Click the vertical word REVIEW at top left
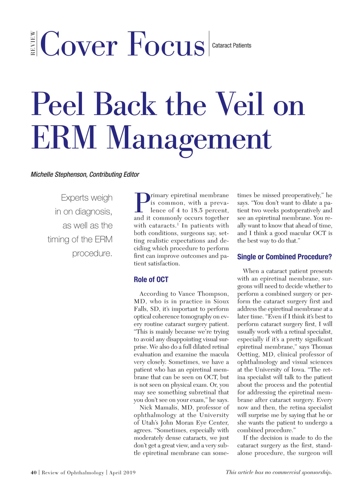[33, 43]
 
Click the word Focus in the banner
[166, 45]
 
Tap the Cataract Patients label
[231, 45]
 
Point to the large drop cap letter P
[142, 203]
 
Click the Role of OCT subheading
[151, 280]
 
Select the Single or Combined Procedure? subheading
[284, 257]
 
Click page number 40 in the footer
[34, 473]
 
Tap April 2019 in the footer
[122, 473]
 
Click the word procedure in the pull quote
[92, 253]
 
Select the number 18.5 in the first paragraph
[197, 210]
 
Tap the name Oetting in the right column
[249, 354]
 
